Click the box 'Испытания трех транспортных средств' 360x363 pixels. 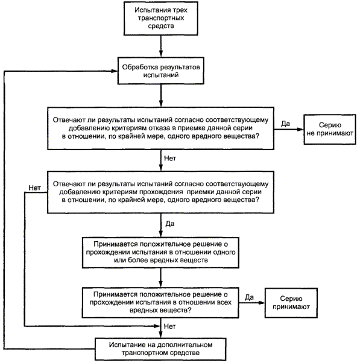pyautogui.click(x=160, y=19)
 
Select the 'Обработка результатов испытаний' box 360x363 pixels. pyautogui.click(x=160, y=71)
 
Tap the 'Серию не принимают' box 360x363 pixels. pyautogui.click(x=330, y=130)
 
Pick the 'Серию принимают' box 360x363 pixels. pyautogui.click(x=291, y=303)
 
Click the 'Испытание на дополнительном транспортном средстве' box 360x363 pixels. pyautogui.click(x=160, y=349)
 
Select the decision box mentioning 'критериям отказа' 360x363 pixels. pyautogui.click(x=160, y=128)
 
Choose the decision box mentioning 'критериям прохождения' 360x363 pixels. pyautogui.click(x=160, y=192)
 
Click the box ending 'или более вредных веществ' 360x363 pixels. pyautogui.click(x=160, y=253)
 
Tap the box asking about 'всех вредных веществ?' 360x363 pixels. pyautogui.click(x=160, y=303)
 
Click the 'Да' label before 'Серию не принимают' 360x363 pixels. pyautogui.click(x=285, y=124)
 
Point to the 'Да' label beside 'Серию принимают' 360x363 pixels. pyautogui.click(x=249, y=297)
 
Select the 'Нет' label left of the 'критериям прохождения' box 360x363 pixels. pyautogui.click(x=35, y=188)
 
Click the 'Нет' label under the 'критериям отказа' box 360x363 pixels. pyautogui.click(x=170, y=159)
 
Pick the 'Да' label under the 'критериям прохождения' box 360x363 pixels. pyautogui.click(x=170, y=224)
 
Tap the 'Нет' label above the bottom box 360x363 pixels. pyautogui.click(x=169, y=326)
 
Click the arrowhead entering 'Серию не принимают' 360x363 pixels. pyautogui.click(x=300, y=130)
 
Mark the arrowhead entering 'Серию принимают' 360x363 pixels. pyautogui.click(x=262, y=303)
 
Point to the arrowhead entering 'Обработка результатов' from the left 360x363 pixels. pyautogui.click(x=115, y=71)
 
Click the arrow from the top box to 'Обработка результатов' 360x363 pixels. pyautogui.click(x=161, y=46)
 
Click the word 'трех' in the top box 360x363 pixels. pyautogui.click(x=180, y=10)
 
